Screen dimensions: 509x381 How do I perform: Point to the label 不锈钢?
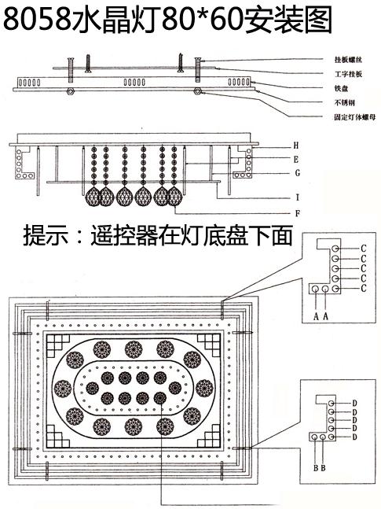pos(343,102)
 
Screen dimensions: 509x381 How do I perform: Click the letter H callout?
pos(295,146)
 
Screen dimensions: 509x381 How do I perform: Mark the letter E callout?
pos(295,158)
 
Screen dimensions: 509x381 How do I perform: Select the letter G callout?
pos(295,172)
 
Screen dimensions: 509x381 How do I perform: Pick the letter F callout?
pos(295,212)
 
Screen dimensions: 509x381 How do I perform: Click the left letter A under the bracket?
pos(315,315)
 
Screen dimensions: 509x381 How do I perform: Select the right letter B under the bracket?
pos(324,468)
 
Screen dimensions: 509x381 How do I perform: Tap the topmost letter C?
pos(364,247)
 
